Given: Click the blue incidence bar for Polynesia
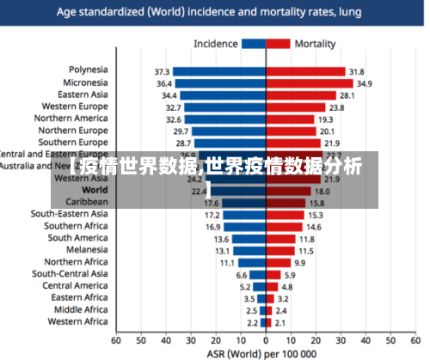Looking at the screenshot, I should (219, 72).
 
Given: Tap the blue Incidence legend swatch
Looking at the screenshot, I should (254, 44).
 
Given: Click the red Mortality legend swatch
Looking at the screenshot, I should (279, 44).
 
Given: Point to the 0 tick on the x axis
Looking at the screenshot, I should (267, 340).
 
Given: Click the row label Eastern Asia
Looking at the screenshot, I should (83, 95).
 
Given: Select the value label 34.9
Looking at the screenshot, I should (365, 84).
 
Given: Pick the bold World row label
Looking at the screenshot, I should (95, 191).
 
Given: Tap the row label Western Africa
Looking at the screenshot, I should (77, 322).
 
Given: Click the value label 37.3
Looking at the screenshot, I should (162, 72).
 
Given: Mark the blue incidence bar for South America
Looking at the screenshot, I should (249, 239).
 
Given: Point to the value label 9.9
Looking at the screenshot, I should (299, 263).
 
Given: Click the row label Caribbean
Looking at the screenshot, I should (86, 202).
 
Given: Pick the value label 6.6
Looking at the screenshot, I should (242, 275).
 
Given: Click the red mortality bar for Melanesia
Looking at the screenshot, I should (279, 251).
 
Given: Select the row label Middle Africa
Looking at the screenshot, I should (81, 310).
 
